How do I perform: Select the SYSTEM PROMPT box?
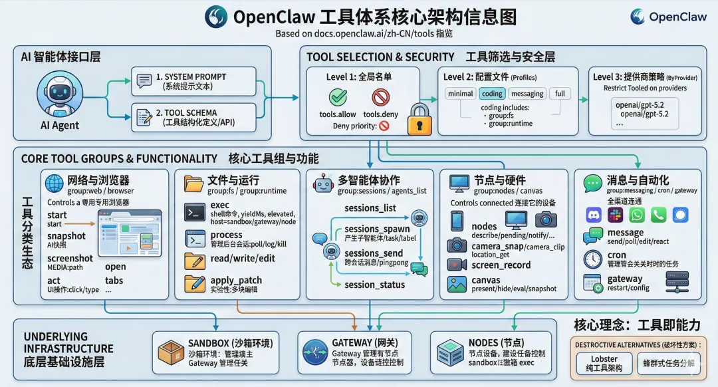193,81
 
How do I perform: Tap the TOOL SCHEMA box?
193,117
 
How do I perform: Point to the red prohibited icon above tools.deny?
380,98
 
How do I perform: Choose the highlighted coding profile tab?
493,94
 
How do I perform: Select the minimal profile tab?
461,94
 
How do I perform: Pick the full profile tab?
560,94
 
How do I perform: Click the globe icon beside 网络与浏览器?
54,183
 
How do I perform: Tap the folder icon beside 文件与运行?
193,183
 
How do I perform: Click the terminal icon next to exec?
195,212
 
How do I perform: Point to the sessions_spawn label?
378,229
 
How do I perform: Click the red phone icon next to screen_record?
457,265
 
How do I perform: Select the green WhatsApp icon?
637,215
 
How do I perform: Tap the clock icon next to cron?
592,259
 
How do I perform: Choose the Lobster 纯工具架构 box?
604,363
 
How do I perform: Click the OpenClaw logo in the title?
216,16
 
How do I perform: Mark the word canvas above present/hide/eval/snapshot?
485,281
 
